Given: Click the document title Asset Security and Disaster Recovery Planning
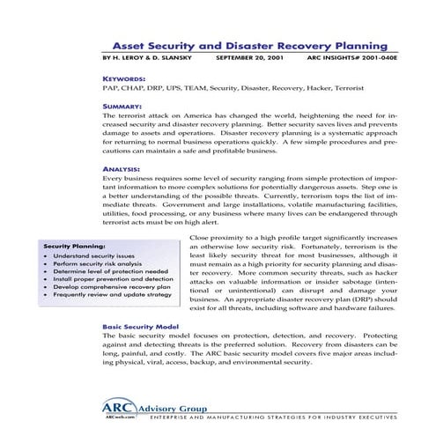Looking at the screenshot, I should (250, 43).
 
